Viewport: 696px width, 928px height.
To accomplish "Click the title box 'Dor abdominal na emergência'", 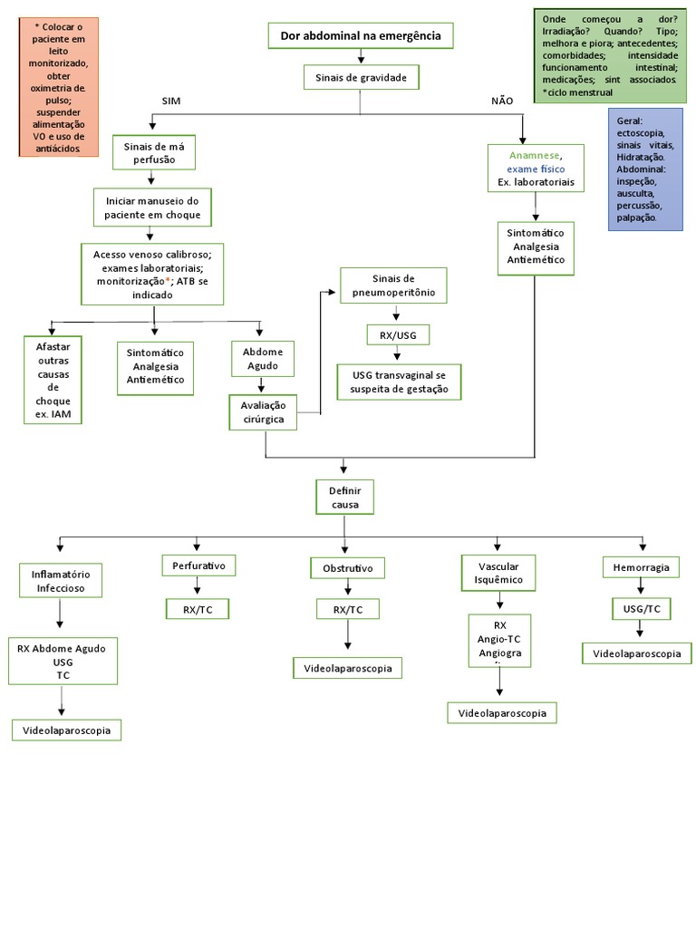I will [361, 35].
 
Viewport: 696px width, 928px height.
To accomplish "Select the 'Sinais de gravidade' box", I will [361, 78].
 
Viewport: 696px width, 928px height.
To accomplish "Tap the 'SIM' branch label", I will [171, 101].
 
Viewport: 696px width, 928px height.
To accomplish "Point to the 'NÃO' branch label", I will [502, 101].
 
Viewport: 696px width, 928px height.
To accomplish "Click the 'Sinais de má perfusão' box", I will [153, 152].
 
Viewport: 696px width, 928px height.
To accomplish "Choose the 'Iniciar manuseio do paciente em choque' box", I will [153, 207].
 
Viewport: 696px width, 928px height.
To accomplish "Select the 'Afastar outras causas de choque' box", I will [53, 380].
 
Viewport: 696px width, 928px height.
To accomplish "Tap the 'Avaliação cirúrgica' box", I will [263, 412].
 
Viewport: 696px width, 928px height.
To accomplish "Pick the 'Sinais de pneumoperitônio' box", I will [393, 285].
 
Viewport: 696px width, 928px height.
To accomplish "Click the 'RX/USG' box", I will [398, 334].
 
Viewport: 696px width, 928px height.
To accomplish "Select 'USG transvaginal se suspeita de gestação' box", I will [399, 382].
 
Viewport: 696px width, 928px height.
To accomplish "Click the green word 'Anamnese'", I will [535, 155].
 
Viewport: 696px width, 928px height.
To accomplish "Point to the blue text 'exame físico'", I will [536, 169].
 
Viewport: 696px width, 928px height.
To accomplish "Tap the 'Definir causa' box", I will [344, 496].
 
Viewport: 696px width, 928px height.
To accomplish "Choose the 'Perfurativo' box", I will [198, 566].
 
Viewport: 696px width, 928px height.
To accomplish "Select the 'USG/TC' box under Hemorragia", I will [641, 608].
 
